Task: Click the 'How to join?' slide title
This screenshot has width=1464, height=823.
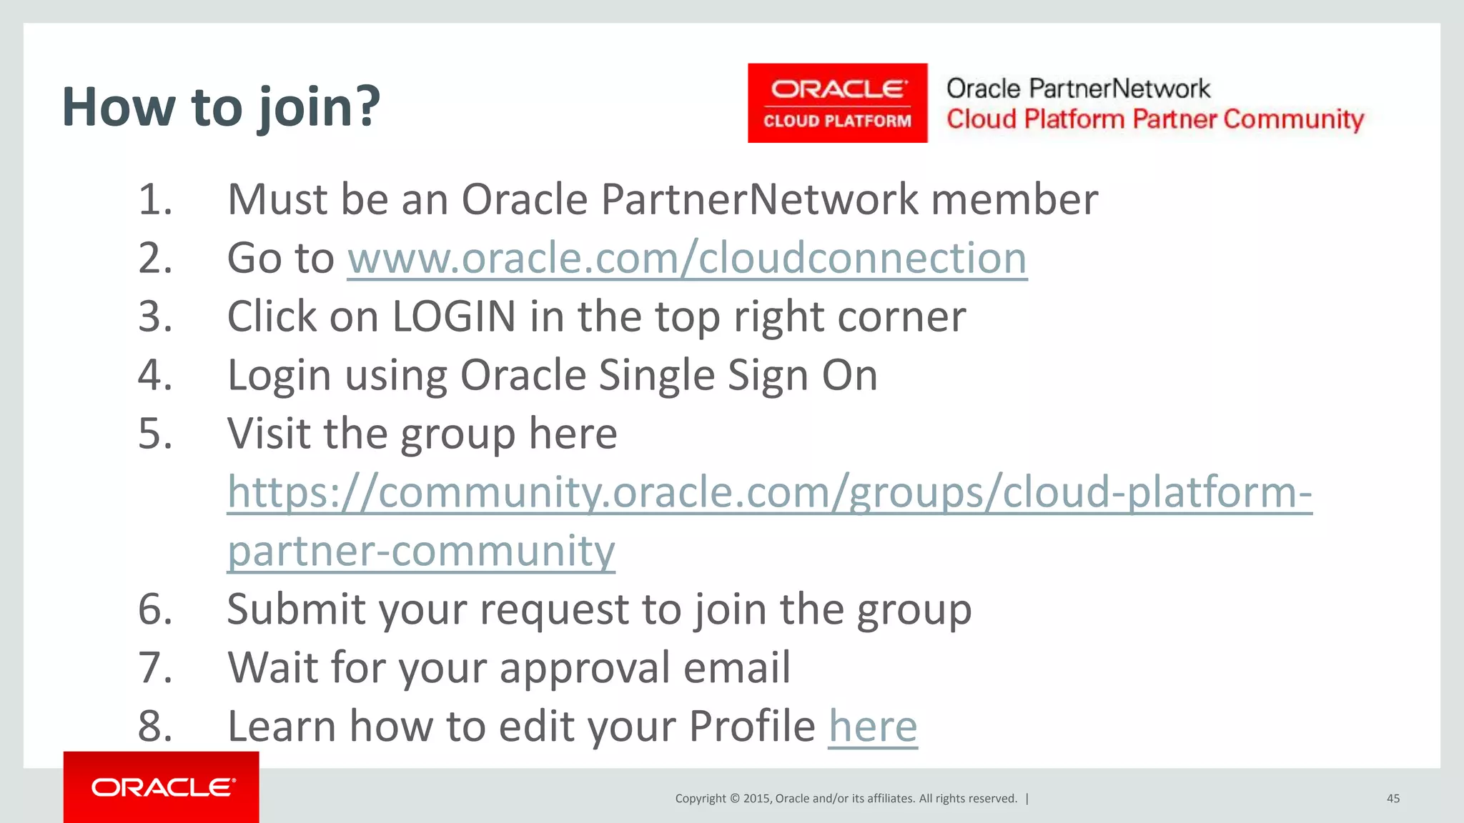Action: click(x=221, y=107)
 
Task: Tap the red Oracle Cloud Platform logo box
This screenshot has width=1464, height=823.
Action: click(x=837, y=103)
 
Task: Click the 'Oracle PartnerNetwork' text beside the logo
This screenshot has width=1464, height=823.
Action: click(x=1078, y=89)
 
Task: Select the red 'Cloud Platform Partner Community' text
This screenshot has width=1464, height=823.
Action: click(x=1155, y=119)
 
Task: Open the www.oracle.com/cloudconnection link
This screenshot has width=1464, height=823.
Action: click(x=687, y=258)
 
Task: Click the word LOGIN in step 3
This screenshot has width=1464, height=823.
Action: click(x=454, y=316)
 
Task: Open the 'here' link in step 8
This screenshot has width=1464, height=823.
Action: click(x=873, y=727)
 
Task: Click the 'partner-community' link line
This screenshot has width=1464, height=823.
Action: click(x=421, y=551)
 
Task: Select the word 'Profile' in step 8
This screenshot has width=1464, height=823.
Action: click(x=752, y=727)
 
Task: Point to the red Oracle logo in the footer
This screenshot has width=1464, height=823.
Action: click(x=162, y=787)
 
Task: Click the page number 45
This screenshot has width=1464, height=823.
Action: click(x=1393, y=799)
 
